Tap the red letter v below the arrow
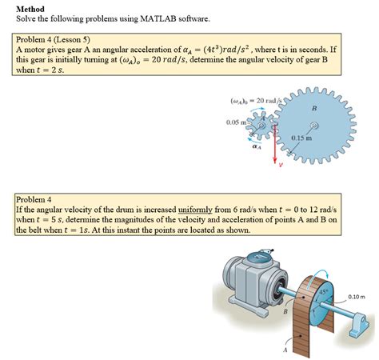tap(281, 166)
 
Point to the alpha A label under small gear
tap(256, 147)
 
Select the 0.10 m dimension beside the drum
tap(356, 296)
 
